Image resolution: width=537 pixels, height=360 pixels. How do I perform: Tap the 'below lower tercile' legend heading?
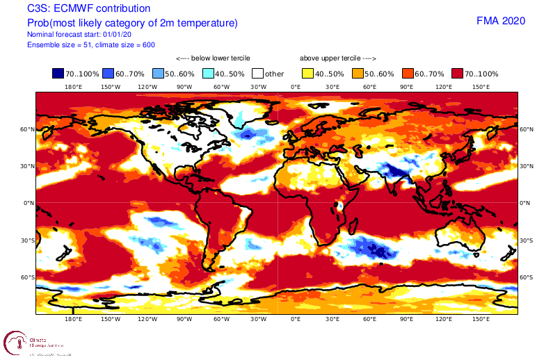point(213,58)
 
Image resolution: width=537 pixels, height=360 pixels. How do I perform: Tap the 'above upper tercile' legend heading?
point(338,58)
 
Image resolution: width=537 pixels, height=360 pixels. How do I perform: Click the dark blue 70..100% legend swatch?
point(58,73)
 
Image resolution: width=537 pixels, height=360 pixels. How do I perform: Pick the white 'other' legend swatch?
point(257,73)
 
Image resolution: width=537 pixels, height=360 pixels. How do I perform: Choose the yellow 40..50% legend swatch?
point(307,73)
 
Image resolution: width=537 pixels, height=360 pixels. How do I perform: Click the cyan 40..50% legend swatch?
point(208,73)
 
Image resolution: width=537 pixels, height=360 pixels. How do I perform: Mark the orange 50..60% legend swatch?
point(357,73)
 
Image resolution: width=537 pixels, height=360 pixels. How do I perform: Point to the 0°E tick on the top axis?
point(296,87)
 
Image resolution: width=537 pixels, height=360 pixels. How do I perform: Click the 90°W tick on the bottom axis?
point(184,320)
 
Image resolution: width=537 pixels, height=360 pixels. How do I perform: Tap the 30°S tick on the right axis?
point(526,240)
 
